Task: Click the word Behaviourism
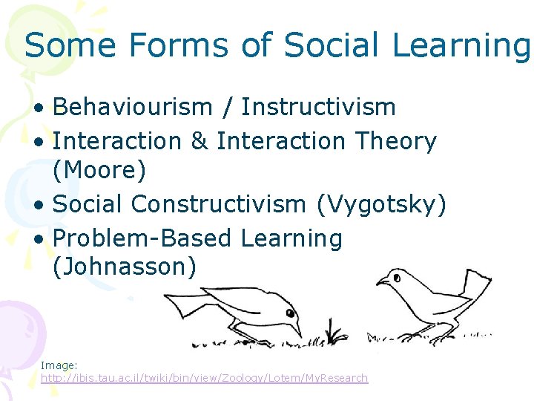(x=133, y=107)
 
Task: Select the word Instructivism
(x=319, y=107)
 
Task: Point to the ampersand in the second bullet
(x=199, y=140)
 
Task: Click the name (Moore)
(x=100, y=171)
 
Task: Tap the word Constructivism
(x=248, y=203)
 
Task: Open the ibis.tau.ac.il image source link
(x=204, y=378)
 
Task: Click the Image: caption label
(x=59, y=365)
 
